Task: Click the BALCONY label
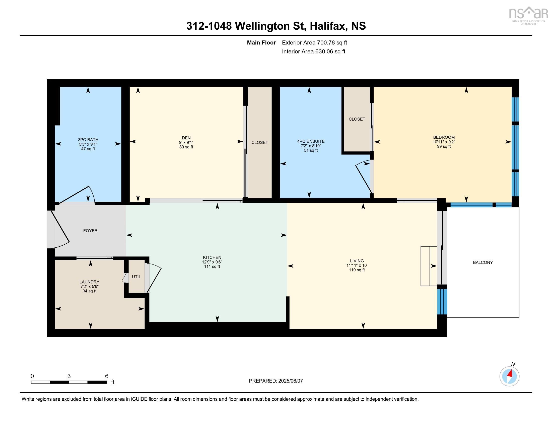click(x=483, y=262)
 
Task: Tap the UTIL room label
click(x=136, y=277)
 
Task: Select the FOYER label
click(x=90, y=230)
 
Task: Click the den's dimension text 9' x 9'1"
click(x=186, y=142)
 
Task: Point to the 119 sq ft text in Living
click(x=357, y=270)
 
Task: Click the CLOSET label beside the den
click(x=260, y=142)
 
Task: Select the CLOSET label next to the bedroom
click(x=357, y=119)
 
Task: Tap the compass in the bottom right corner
click(x=509, y=377)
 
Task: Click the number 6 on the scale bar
click(x=107, y=376)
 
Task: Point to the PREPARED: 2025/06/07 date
click(x=276, y=381)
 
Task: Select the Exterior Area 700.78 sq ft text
click(x=314, y=42)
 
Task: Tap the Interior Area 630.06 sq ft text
click(x=313, y=51)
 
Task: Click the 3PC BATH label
click(x=88, y=140)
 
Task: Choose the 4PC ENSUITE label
click(x=311, y=141)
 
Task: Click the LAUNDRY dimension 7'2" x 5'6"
click(x=90, y=286)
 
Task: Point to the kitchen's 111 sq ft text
click(x=212, y=266)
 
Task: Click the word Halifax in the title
click(x=327, y=26)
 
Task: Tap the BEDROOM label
click(x=444, y=137)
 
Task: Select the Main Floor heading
click(x=261, y=42)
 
